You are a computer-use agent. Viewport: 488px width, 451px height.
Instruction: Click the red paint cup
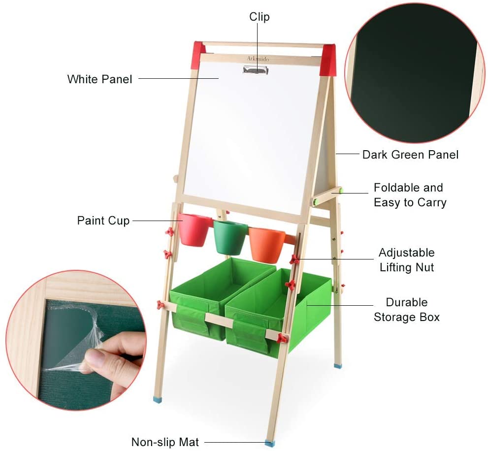click(x=193, y=229)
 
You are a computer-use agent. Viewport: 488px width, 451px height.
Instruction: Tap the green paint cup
click(x=230, y=237)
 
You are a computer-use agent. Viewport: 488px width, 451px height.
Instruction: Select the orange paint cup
click(x=266, y=244)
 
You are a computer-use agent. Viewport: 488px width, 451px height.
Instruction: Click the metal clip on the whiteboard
click(x=256, y=70)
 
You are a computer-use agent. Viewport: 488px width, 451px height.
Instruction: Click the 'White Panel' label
click(x=99, y=79)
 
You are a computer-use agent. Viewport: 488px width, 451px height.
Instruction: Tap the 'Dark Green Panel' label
click(x=410, y=155)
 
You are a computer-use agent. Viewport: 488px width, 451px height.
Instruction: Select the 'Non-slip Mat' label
click(x=165, y=442)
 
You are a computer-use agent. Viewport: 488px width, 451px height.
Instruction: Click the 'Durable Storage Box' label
click(x=406, y=310)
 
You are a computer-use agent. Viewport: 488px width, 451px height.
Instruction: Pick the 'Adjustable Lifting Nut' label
click(x=406, y=260)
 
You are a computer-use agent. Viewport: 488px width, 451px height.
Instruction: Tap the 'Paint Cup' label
click(x=103, y=220)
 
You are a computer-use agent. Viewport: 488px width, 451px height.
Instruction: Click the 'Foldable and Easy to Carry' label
click(x=409, y=195)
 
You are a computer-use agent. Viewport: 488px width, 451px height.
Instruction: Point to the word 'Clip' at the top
click(x=259, y=17)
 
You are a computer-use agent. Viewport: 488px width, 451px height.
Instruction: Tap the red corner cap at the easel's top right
click(x=328, y=61)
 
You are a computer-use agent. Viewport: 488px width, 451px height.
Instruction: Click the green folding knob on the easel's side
click(x=340, y=190)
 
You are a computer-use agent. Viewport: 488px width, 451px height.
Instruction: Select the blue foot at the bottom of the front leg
click(x=269, y=443)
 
